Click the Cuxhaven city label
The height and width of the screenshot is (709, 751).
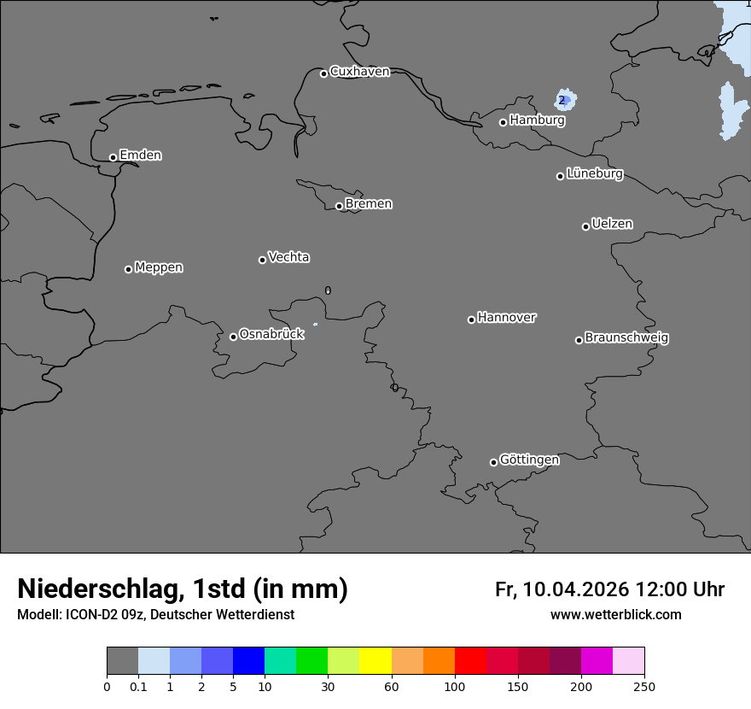tap(359, 72)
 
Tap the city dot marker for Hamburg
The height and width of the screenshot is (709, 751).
tap(504, 122)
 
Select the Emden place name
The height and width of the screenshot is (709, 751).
tap(140, 155)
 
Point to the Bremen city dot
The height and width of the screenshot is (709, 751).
tap(339, 206)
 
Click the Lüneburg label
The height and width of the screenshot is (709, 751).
tap(594, 174)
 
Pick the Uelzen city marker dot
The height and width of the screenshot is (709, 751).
tap(585, 226)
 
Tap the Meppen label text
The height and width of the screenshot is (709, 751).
tap(159, 267)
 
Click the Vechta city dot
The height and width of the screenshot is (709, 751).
tap(262, 260)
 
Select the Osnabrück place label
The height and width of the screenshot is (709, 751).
tap(271, 334)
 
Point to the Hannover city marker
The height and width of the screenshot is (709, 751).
tap(471, 319)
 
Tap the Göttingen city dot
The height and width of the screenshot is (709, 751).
tap(493, 462)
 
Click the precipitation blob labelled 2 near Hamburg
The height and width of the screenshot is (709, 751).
tap(563, 100)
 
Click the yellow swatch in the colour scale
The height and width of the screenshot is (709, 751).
tap(375, 661)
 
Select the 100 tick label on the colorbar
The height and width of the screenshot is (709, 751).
tap(454, 686)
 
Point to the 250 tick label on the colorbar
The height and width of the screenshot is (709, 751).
tap(644, 686)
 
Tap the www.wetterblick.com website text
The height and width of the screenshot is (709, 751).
tap(616, 615)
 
